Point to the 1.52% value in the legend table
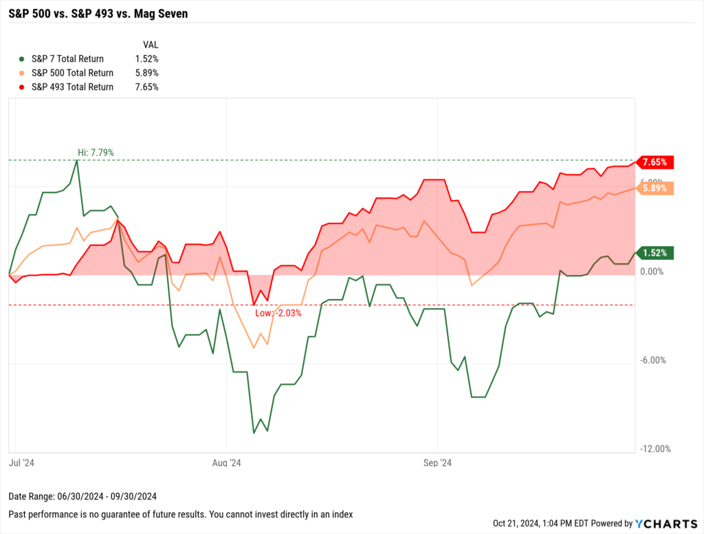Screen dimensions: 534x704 [147, 59]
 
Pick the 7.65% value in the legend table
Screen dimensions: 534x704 [147, 87]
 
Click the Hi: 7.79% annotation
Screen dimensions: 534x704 [95, 153]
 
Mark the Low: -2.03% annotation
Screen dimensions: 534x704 [278, 313]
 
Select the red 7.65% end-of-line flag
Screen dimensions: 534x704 [655, 162]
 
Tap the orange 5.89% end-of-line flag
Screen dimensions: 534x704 [655, 188]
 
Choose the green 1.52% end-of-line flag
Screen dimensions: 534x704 [655, 253]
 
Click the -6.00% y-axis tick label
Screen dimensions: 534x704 [652, 360]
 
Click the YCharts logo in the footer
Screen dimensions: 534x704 [661, 523]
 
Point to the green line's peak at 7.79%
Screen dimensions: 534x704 [77, 161]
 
